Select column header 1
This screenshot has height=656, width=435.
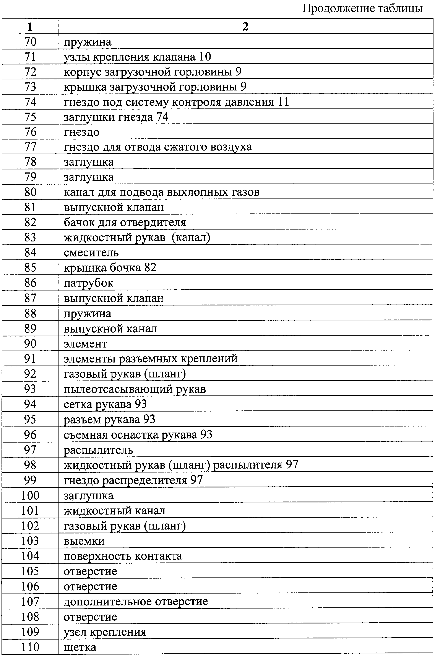(30, 27)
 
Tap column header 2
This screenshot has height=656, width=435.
(245, 27)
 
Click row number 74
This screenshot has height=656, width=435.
(30, 102)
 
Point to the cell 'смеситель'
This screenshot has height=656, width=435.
(91, 253)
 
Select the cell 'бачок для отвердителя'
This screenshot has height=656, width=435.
(125, 222)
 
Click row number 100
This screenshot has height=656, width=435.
(30, 495)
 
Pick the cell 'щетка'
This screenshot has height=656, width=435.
(80, 647)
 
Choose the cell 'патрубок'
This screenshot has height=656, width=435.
(89, 283)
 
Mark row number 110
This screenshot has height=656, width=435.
(30, 647)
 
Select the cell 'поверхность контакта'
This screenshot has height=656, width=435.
(123, 556)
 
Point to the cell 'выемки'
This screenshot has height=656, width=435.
(84, 541)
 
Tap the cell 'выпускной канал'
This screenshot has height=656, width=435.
(110, 329)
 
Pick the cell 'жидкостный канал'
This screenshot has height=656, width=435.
(114, 511)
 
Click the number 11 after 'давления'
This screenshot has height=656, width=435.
(283, 102)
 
